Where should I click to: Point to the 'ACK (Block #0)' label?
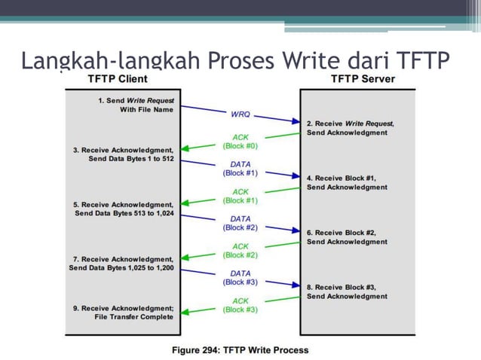pos(240,141)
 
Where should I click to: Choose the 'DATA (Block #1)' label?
pos(240,169)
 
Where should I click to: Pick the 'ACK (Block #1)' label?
pos(240,196)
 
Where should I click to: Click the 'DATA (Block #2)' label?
pos(240,223)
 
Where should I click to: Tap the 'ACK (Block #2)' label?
pos(240,251)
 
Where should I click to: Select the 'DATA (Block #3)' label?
pos(240,278)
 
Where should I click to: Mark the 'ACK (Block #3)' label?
pos(240,306)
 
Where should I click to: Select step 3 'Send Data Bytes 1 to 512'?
pos(131,160)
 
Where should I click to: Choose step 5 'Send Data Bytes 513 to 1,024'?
pos(124,214)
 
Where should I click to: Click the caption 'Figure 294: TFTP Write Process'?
pos(240,350)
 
